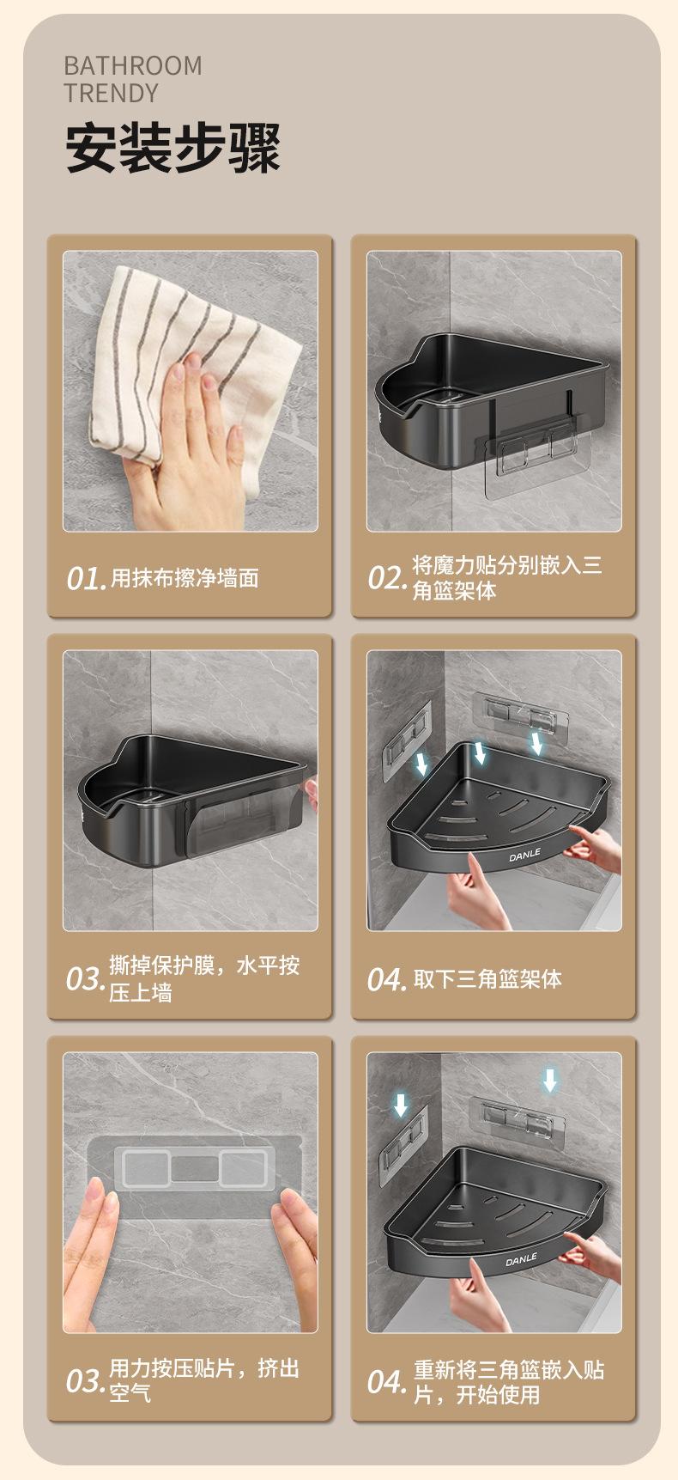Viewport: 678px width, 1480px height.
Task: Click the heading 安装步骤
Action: point(173,148)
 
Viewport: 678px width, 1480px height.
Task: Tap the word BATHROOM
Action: point(133,66)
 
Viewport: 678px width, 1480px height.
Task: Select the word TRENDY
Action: point(112,93)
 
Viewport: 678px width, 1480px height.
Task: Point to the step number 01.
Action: point(87,579)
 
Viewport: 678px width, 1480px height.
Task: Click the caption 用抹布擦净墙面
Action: point(185,579)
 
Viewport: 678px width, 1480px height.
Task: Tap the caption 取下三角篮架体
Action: point(487,979)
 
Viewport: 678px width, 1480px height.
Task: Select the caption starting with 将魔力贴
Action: point(507,578)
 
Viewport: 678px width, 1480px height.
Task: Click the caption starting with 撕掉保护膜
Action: point(204,979)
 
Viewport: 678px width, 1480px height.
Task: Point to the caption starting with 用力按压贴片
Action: point(204,1381)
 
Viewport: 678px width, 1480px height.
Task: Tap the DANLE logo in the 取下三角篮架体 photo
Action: point(524,856)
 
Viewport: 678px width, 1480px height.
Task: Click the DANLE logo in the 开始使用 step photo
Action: point(521,1259)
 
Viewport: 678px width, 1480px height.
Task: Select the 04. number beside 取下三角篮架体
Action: point(387,980)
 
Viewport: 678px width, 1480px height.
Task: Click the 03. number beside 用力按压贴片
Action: point(86,1382)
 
